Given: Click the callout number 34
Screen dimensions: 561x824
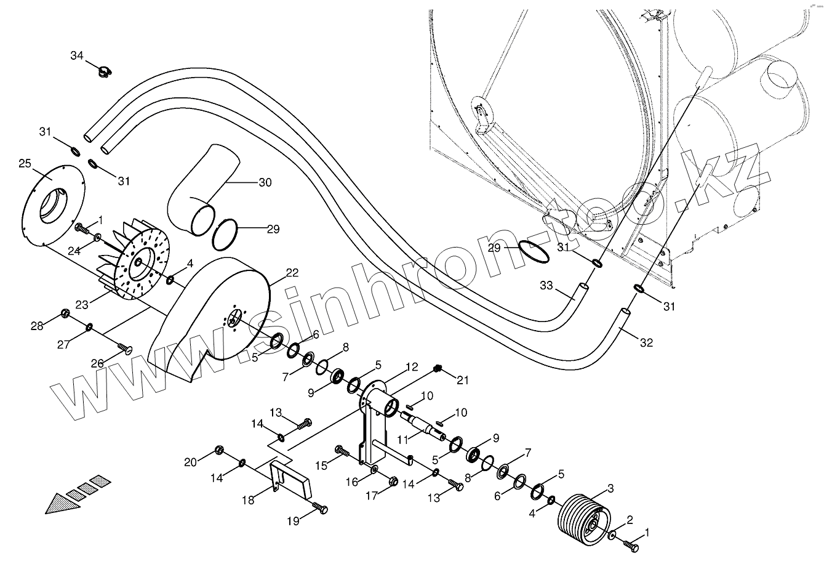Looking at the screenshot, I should coord(76,56).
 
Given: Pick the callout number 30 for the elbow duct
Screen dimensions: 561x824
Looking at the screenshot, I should coord(265,183).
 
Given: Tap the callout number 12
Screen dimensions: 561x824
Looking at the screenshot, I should coord(411,367).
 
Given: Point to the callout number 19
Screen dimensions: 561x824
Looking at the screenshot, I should coord(292,521).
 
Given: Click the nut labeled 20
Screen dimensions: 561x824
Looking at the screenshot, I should coord(218,450).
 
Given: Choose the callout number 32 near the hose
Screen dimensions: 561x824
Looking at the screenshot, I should coord(647,343).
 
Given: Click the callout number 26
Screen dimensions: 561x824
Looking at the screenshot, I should coord(97,363).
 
